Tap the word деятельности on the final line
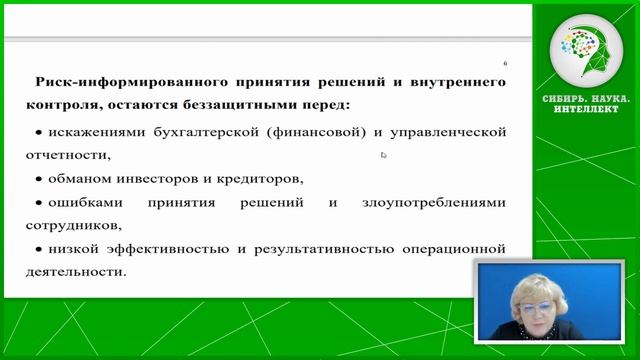79,270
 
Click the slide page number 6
505,63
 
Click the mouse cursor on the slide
384,155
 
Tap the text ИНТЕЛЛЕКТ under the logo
590,108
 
